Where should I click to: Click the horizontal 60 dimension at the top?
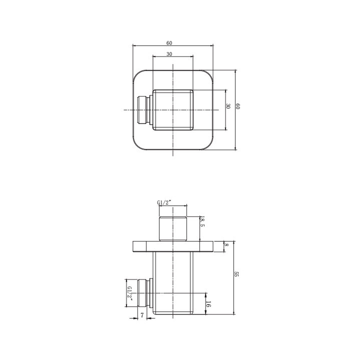tap(169, 43)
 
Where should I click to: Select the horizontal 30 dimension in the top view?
tap(169, 54)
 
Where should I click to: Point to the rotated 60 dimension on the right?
tap(238, 106)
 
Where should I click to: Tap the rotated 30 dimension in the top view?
tap(228, 106)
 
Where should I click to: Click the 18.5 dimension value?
tap(202, 222)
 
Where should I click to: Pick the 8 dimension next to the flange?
tap(226, 245)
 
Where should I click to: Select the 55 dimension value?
tap(236, 274)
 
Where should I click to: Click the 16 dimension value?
tap(208, 304)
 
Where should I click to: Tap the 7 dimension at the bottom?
tap(142, 315)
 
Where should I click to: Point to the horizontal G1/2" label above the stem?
tap(164, 202)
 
